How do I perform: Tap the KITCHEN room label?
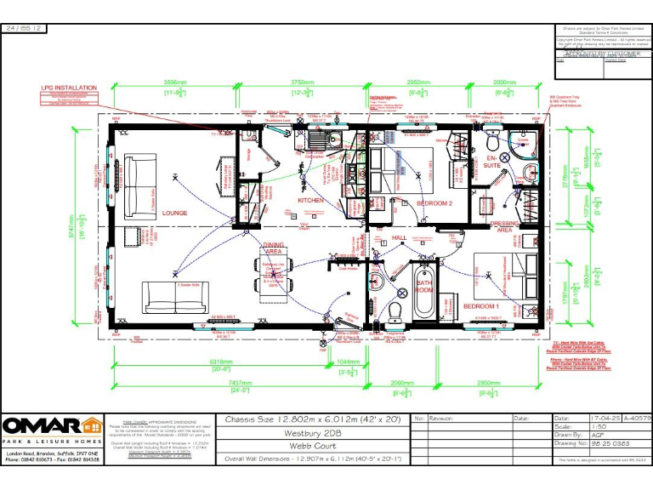pos(310,200)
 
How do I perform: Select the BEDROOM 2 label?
pos(434,203)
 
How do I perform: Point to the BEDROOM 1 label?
pos(481,305)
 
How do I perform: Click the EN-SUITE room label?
pos(492,160)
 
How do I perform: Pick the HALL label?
pos(400,238)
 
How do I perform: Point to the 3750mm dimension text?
pos(304,83)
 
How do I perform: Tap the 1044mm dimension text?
pos(349,363)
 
